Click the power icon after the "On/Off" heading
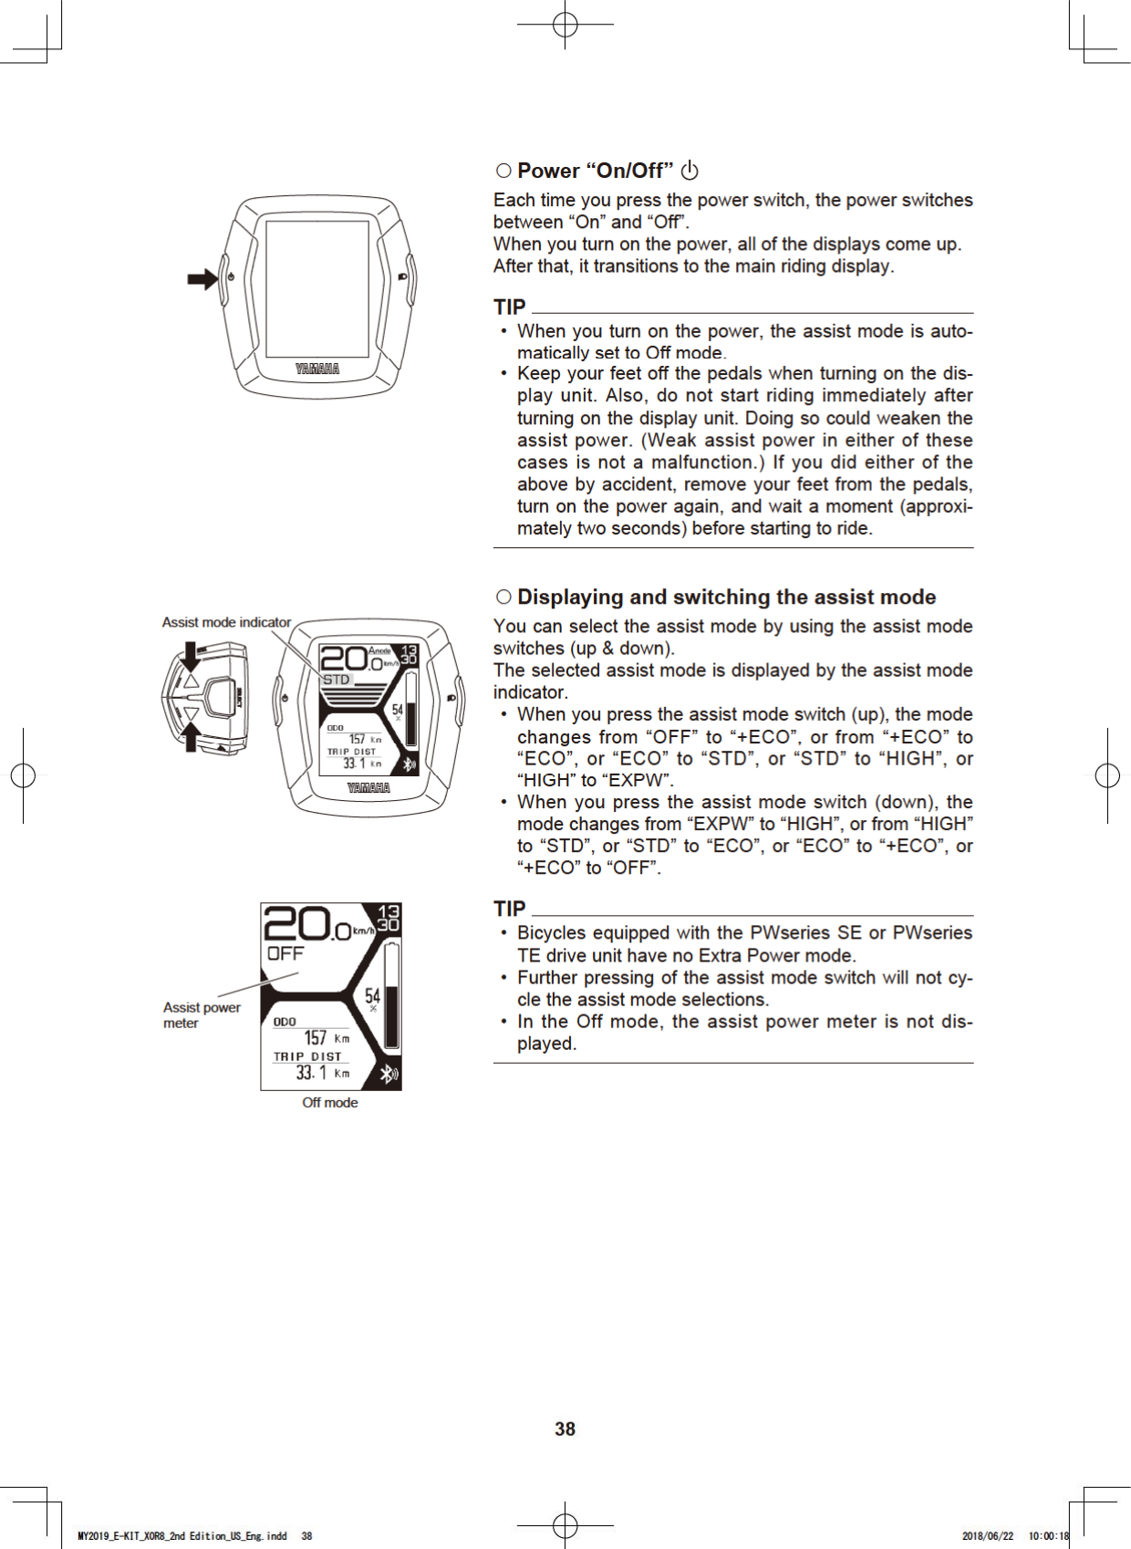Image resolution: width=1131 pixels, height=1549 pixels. [690, 171]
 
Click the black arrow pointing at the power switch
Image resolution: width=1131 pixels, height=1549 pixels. [202, 279]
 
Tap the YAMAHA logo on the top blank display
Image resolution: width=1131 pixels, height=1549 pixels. [317, 369]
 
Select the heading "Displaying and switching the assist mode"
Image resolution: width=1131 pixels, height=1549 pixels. [726, 597]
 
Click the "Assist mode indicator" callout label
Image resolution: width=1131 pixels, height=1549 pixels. [226, 622]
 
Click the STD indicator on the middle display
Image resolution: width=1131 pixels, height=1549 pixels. [336, 680]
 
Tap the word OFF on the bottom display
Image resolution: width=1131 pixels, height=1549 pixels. [285, 953]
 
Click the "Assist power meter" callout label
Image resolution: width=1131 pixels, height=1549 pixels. [202, 1014]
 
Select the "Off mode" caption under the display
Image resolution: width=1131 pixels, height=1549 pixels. [330, 1103]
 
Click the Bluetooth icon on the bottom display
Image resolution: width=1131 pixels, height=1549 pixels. [389, 1074]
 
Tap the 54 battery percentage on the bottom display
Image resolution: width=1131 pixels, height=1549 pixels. [372, 996]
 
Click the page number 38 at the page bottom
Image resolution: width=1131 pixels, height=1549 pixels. [565, 1429]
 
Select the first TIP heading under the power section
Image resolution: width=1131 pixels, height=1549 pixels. [510, 307]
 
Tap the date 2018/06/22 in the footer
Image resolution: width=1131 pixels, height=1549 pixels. [987, 1536]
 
